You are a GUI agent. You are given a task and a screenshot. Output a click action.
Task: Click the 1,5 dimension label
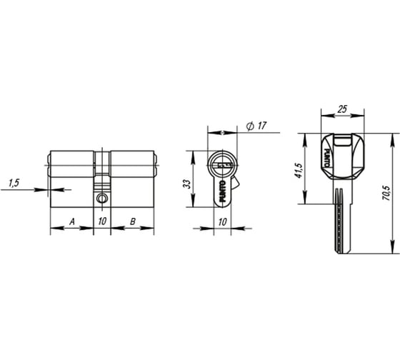click(x=14, y=183)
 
